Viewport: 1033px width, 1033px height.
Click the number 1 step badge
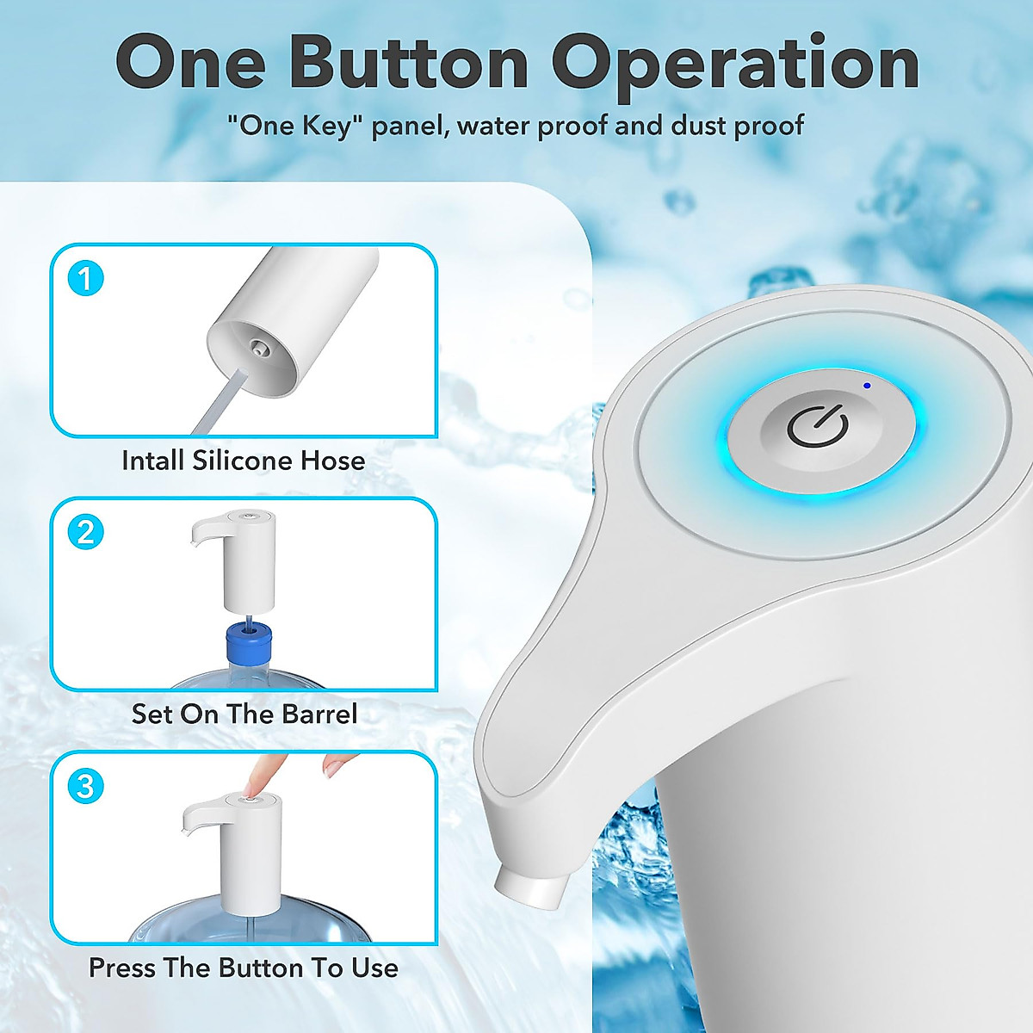pos(84,279)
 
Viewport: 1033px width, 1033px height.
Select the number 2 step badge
pos(84,532)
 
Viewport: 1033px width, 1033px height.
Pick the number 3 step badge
pos(84,786)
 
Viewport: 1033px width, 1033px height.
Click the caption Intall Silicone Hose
pos(243,461)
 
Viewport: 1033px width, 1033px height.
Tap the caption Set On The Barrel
pos(244,714)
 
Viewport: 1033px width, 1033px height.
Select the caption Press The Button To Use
pos(243,968)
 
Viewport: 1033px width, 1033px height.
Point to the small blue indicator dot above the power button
pos(867,385)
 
